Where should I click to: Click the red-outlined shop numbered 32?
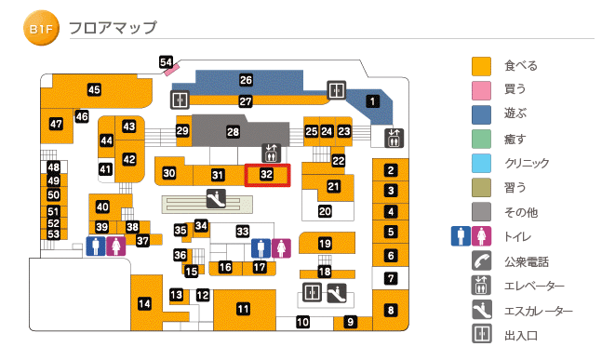[267, 174]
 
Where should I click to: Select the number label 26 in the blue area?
[247, 81]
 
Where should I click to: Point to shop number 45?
[94, 90]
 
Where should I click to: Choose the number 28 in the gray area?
[234, 132]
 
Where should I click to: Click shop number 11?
[244, 309]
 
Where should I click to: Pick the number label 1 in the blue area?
[372, 101]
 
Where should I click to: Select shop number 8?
[391, 310]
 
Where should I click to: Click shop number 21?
[333, 186]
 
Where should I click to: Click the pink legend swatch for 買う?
[481, 90]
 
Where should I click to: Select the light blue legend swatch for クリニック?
[481, 163]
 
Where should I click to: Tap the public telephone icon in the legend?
[481, 261]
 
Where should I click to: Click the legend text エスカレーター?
[539, 312]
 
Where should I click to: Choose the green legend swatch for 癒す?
[481, 139]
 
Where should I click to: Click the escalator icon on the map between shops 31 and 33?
[216, 198]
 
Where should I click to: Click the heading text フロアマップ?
[114, 29]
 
